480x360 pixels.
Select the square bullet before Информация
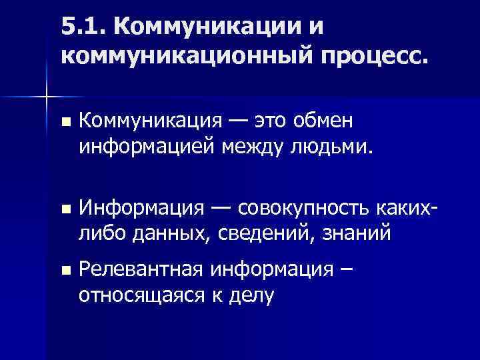click(64, 210)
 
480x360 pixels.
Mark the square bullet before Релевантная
click(64, 270)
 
